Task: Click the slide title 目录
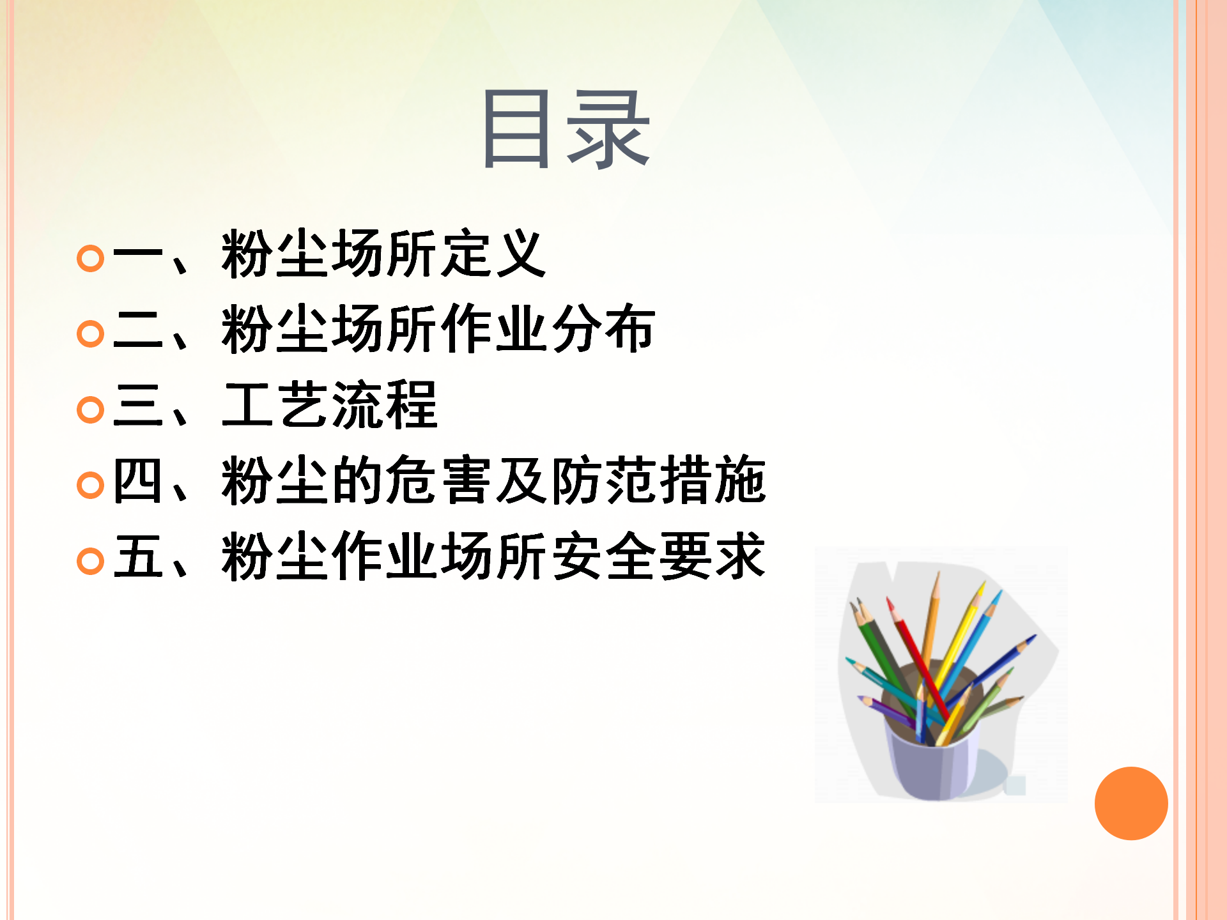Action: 567,130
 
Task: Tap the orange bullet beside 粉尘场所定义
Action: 90,259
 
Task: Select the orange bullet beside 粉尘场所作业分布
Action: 90,333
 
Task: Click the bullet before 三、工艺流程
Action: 90,410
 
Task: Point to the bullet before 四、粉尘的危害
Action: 90,485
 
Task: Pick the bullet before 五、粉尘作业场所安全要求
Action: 90,561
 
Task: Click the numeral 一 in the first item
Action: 138,257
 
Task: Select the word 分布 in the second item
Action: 603,328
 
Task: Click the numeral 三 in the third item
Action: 138,405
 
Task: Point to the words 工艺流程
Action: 330,404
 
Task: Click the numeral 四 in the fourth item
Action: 137,480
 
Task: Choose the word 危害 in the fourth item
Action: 438,480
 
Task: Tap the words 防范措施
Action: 658,480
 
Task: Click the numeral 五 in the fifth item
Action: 138,556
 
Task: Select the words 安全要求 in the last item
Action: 658,556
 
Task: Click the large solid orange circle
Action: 1131,803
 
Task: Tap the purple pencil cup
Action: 933,760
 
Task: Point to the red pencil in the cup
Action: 916,658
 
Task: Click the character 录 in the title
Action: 608,130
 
